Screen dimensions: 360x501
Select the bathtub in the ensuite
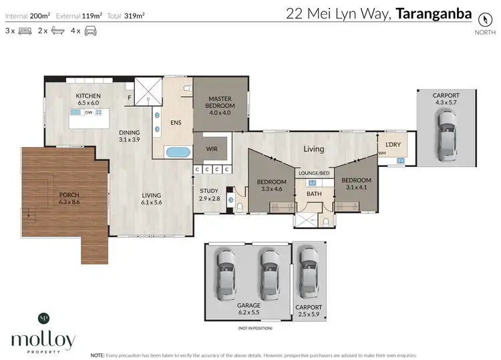click(x=178, y=152)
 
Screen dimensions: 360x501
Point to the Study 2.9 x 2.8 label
click(x=209, y=194)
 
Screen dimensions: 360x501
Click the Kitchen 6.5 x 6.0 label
click(x=88, y=99)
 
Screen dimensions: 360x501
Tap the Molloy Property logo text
click(x=43, y=341)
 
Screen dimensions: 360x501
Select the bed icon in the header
click(x=25, y=31)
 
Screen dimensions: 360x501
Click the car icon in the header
click(x=90, y=31)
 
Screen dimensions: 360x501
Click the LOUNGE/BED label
click(x=314, y=173)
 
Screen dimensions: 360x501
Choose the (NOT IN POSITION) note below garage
click(x=255, y=328)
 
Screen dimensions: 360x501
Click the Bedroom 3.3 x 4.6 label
click(x=272, y=186)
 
